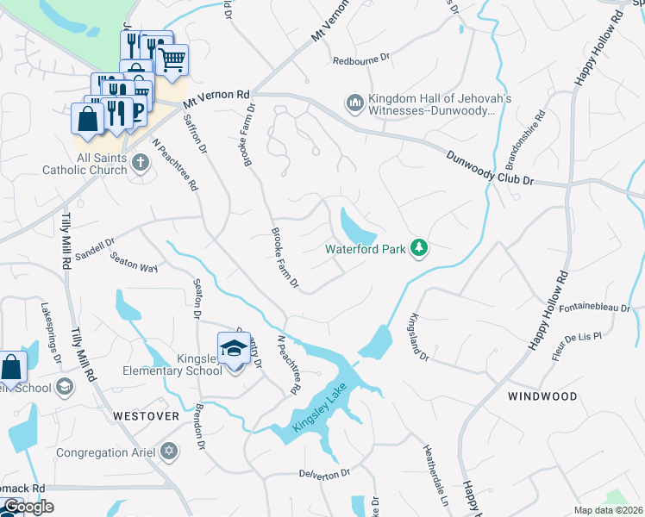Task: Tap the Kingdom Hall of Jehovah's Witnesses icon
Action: (354, 104)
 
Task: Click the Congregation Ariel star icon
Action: (168, 451)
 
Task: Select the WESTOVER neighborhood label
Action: (146, 416)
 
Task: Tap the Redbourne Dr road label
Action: (363, 60)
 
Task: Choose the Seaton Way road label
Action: (134, 265)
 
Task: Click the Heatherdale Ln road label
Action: (435, 476)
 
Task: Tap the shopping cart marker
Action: (172, 61)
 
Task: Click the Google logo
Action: (28, 507)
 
